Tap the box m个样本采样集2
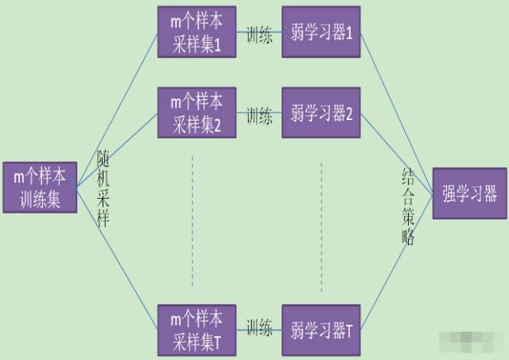(x=196, y=113)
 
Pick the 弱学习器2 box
(x=321, y=113)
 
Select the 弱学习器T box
(x=321, y=328)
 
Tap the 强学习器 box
(x=469, y=193)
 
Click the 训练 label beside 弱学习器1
(x=259, y=37)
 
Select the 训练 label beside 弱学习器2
(x=259, y=115)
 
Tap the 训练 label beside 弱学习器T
(x=259, y=327)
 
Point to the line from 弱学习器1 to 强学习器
(x=398, y=103)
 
